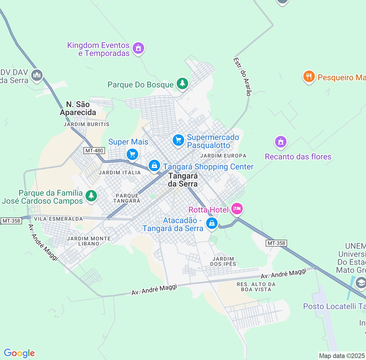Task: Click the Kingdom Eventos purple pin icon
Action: point(138,48)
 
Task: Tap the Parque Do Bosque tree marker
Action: point(182,83)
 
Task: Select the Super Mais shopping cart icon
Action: point(132,155)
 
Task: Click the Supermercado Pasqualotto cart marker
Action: point(178,140)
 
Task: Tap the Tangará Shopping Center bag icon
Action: point(154,165)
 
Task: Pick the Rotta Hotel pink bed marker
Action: point(237,209)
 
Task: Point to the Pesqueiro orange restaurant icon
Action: point(309,77)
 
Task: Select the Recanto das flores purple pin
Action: point(281,142)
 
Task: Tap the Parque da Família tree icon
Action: point(91,196)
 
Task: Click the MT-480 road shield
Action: point(94,151)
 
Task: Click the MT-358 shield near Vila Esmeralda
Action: point(11,221)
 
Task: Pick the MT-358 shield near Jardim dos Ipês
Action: point(276,243)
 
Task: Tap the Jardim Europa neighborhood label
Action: point(223,156)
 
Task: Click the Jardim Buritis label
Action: point(86,124)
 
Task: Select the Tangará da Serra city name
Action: point(183,180)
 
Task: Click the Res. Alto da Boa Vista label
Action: point(256,287)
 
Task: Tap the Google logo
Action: point(19,353)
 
